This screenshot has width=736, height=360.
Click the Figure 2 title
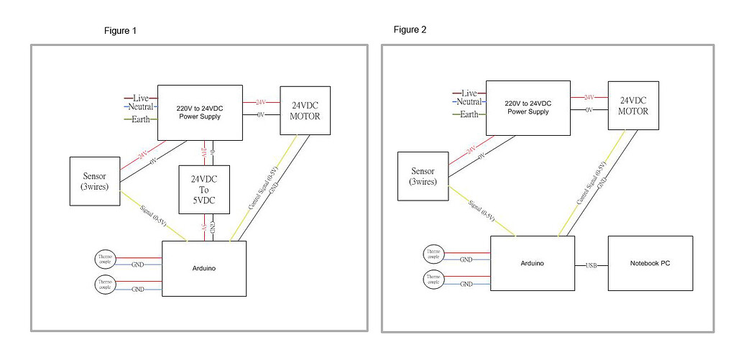coord(410,29)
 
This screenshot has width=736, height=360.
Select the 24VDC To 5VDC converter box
coord(204,190)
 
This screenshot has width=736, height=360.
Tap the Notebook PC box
coord(650,263)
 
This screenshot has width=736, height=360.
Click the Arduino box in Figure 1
coord(204,268)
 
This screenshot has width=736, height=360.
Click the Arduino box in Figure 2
coord(532,263)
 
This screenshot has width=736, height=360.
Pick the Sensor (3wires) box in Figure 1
coord(94,182)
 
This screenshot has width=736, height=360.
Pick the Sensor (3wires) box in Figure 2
coord(423,176)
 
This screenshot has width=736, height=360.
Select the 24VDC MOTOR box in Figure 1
coord(305,110)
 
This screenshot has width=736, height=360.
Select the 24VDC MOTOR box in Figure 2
coord(633,105)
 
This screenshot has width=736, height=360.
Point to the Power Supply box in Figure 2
coord(529,107)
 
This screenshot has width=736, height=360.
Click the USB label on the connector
coord(592,265)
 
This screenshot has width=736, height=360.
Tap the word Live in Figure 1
coord(140,98)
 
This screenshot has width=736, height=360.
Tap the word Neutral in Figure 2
coord(469,103)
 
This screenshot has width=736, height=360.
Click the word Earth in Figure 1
coord(140,119)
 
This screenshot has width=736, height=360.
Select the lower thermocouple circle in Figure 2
coord(433,280)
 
